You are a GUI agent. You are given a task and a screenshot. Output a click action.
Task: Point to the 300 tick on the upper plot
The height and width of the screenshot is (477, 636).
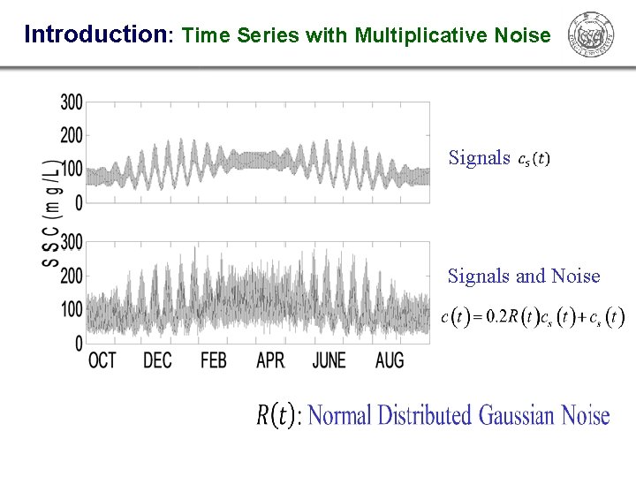coord(72,102)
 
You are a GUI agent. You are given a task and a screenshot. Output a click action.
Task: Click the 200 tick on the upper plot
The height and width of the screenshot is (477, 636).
coord(72,136)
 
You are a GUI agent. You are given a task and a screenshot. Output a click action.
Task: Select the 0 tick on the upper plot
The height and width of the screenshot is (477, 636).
coord(79,202)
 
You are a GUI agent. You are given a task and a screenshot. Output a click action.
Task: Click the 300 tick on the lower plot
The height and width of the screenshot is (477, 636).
coord(72,242)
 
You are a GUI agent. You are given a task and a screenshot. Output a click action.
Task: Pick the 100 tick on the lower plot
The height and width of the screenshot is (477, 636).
coord(72,309)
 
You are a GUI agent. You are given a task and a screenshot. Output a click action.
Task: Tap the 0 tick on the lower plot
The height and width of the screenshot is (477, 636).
coord(79,343)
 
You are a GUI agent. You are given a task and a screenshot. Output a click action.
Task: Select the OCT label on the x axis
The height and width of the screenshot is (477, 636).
coord(102,360)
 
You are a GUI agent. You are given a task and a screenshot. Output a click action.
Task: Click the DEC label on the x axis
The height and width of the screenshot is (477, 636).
coord(157,360)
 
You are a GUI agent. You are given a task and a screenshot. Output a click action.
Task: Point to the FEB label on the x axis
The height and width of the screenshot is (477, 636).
coord(213,360)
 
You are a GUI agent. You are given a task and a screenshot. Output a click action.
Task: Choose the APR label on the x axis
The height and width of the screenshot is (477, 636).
coord(270,360)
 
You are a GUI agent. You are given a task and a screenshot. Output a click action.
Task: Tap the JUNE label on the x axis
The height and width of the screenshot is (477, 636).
coord(329,360)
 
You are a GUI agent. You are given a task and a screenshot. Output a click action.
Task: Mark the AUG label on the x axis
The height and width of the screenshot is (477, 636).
coord(390,360)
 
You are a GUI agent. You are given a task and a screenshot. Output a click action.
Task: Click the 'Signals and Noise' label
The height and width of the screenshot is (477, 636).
coord(524,276)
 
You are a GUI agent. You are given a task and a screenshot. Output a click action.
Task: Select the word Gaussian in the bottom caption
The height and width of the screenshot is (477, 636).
coord(518,414)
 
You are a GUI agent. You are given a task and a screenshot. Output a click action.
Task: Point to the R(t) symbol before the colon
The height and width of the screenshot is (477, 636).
coord(276,414)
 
